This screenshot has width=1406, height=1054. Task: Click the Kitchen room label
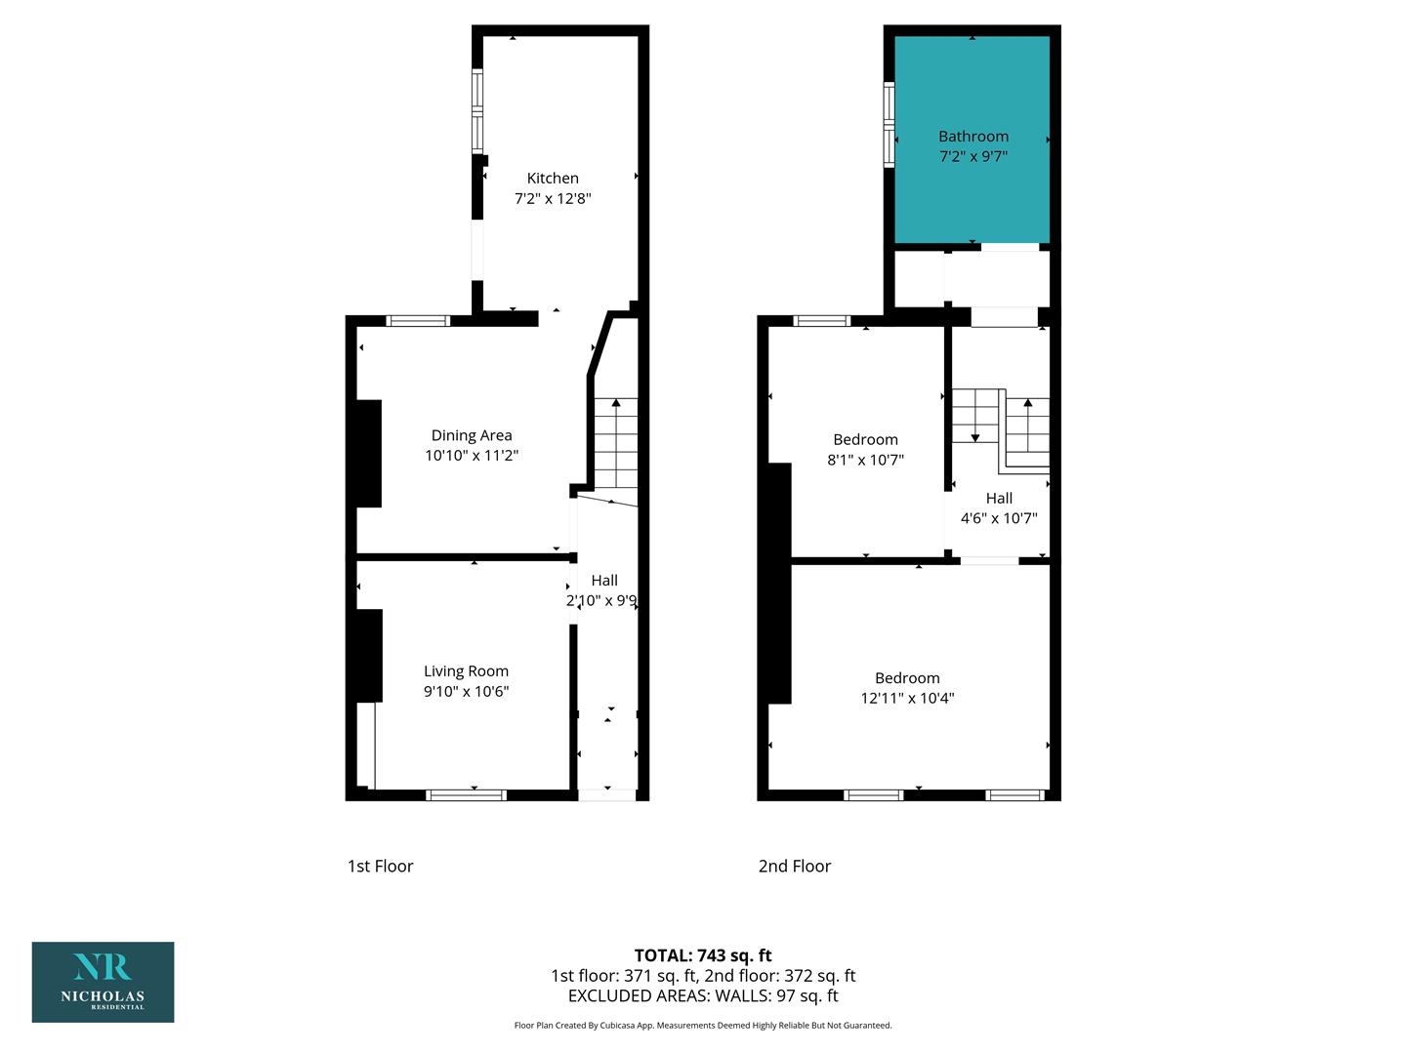click(553, 178)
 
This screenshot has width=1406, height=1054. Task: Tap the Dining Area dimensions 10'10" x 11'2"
click(472, 455)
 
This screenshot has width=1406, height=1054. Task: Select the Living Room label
click(466, 671)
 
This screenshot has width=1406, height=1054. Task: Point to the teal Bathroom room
click(972, 140)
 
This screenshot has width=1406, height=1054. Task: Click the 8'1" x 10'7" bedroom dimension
click(865, 460)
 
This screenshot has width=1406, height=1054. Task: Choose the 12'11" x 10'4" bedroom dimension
click(907, 698)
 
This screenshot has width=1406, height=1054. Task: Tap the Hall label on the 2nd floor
click(999, 498)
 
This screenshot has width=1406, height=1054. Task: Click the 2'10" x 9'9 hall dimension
click(601, 600)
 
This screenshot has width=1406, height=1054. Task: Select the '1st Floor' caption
click(380, 866)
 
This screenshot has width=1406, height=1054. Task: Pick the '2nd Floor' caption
click(794, 866)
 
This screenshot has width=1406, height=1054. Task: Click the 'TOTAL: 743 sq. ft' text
click(703, 955)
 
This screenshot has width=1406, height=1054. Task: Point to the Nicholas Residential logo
click(103, 982)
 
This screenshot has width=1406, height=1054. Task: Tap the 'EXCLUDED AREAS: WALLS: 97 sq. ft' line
click(703, 995)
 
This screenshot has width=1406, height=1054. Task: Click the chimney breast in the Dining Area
click(368, 454)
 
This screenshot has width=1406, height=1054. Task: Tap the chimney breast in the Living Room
click(369, 656)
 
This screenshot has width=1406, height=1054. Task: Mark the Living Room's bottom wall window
click(467, 795)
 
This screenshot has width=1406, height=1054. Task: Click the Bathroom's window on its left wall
click(889, 125)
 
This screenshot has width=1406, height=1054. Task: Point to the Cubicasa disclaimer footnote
click(703, 1025)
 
